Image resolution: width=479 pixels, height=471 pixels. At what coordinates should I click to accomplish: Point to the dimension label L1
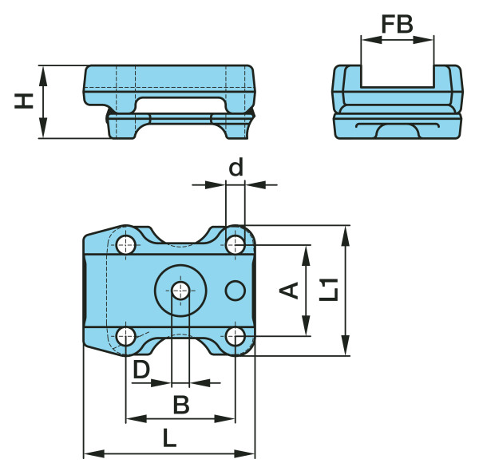tap(328, 288)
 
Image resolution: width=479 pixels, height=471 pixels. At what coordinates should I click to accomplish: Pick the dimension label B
tap(181, 405)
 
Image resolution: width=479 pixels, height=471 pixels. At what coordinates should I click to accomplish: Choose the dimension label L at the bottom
tap(169, 437)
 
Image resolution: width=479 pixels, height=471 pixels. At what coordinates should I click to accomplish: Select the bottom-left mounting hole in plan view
tap(126, 337)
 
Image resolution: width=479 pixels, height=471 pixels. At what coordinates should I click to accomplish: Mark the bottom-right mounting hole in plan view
tap(235, 337)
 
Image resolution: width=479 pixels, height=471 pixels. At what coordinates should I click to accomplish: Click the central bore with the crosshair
tap(181, 291)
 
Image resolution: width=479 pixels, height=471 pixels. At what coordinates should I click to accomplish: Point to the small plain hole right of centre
tap(235, 291)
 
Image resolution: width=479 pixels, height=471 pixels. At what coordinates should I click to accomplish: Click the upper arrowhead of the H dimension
tap(44, 72)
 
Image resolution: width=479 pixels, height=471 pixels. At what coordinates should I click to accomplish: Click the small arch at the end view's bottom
tap(397, 130)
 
